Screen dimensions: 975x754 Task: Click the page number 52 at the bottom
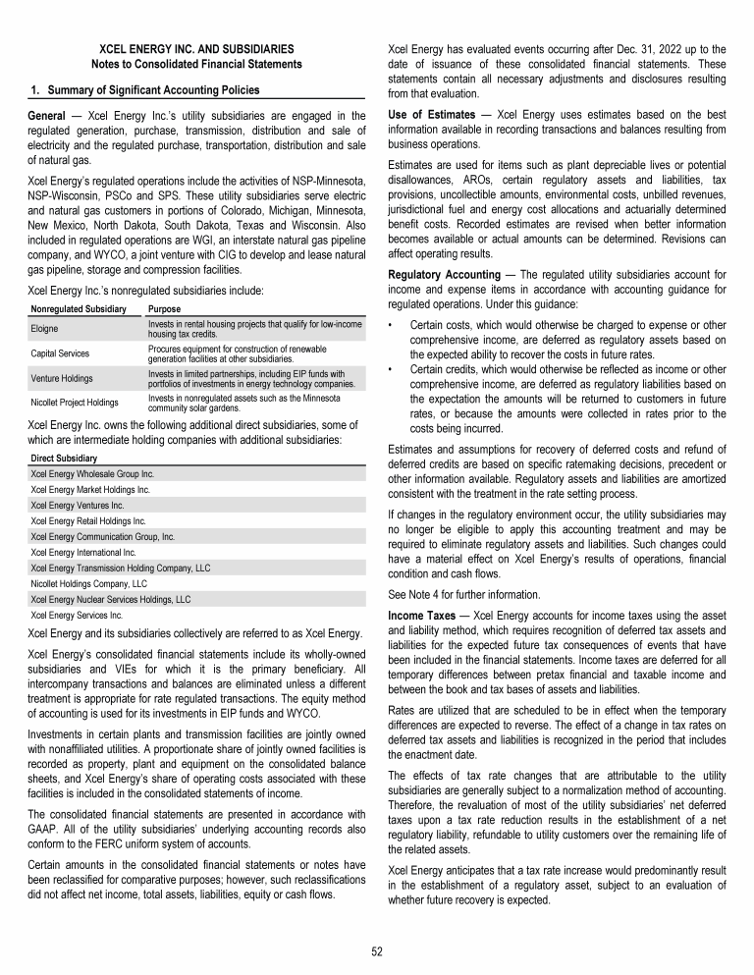tap(377, 950)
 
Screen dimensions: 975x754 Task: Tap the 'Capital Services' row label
tap(61, 352)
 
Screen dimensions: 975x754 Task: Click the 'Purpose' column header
tap(166, 309)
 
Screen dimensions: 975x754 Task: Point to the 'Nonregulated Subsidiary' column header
tap(79, 309)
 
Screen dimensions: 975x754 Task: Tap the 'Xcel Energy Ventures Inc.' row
tap(80, 504)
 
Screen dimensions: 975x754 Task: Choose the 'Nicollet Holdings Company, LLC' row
tap(89, 583)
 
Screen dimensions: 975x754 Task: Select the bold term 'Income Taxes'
tap(421, 615)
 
